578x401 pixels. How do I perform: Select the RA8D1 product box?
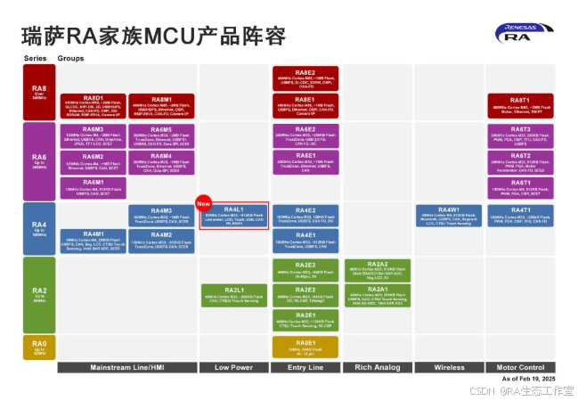tap(93, 106)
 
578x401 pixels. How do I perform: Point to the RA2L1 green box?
tap(233, 296)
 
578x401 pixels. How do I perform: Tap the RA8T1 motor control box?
tap(520, 106)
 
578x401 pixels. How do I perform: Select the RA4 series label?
tap(37, 229)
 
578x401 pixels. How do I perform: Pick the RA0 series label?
tap(37, 348)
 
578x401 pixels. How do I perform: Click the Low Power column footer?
tap(233, 367)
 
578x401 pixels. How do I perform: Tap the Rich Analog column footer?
tap(377, 367)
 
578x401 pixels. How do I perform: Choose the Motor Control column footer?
tap(520, 367)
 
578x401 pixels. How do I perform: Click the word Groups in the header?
tap(71, 57)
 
